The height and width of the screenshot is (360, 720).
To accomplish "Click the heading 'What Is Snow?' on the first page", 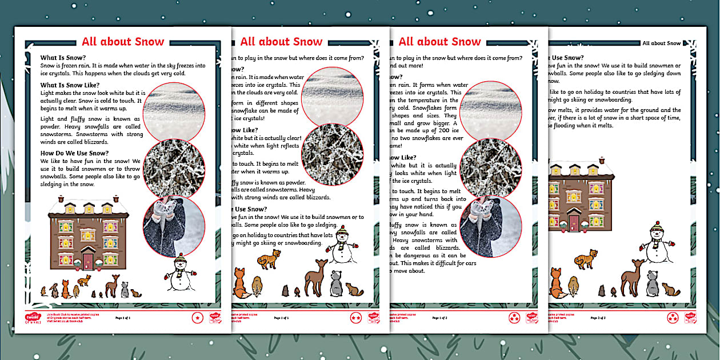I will pyautogui.click(x=63, y=58).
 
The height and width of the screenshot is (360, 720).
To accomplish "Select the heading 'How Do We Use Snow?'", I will pyautogui.click(x=74, y=153).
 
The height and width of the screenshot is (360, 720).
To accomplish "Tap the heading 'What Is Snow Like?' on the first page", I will pyautogui.click(x=70, y=85).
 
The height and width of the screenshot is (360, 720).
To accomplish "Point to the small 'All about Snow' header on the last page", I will pyautogui.click(x=661, y=43).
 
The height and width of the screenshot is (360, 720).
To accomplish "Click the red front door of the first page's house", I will pyautogui.click(x=88, y=261).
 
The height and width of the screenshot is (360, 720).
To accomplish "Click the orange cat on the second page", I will pyautogui.click(x=269, y=259).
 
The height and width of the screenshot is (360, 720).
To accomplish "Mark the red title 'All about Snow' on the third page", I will pyautogui.click(x=439, y=42).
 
